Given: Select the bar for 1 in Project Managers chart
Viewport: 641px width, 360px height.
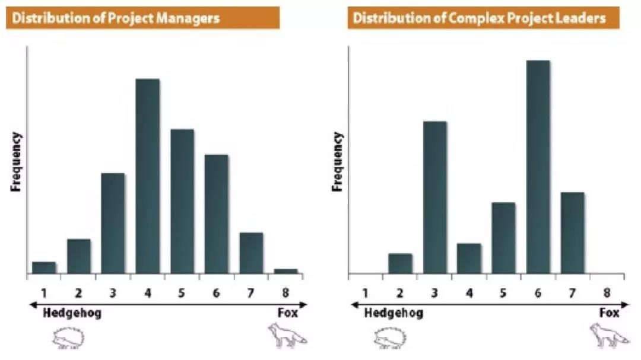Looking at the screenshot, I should [x=44, y=267].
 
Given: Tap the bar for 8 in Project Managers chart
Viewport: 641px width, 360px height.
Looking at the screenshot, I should [x=286, y=271].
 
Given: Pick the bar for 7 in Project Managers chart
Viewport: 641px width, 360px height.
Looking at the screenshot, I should [x=252, y=253].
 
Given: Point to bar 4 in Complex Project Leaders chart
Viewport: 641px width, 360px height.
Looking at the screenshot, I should [x=469, y=259].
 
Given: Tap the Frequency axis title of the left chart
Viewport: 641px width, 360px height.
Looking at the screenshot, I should [x=16, y=161].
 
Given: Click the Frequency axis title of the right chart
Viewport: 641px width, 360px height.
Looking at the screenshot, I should [x=338, y=161].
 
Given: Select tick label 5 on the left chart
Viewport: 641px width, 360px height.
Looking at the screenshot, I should [x=182, y=293].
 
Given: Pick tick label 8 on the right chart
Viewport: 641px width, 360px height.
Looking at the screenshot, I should [x=606, y=293].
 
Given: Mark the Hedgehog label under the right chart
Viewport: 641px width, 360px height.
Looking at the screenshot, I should [x=394, y=313].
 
